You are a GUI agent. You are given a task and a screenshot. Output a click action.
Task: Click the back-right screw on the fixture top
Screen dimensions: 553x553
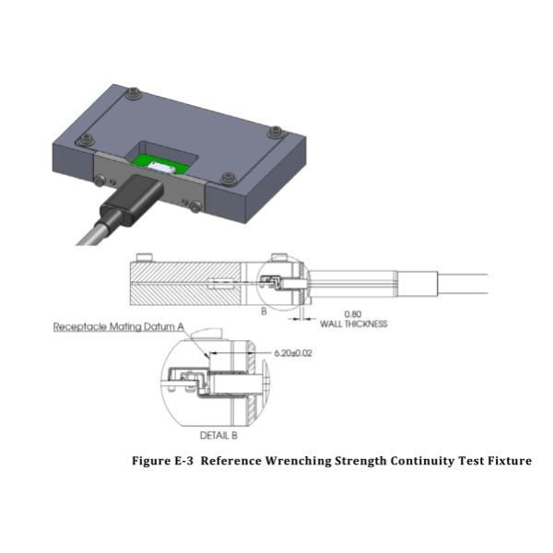(x=274, y=132)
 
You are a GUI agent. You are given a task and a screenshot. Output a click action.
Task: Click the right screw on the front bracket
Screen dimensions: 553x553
(x=194, y=206)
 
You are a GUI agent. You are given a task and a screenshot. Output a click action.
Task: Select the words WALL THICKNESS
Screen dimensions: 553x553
(x=353, y=324)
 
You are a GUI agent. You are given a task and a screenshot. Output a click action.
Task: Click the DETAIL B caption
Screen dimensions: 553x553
(x=223, y=432)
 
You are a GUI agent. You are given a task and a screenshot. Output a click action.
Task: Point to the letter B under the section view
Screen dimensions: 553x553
(x=263, y=312)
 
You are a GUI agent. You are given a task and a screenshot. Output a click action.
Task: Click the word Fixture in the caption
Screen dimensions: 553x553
(x=505, y=461)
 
